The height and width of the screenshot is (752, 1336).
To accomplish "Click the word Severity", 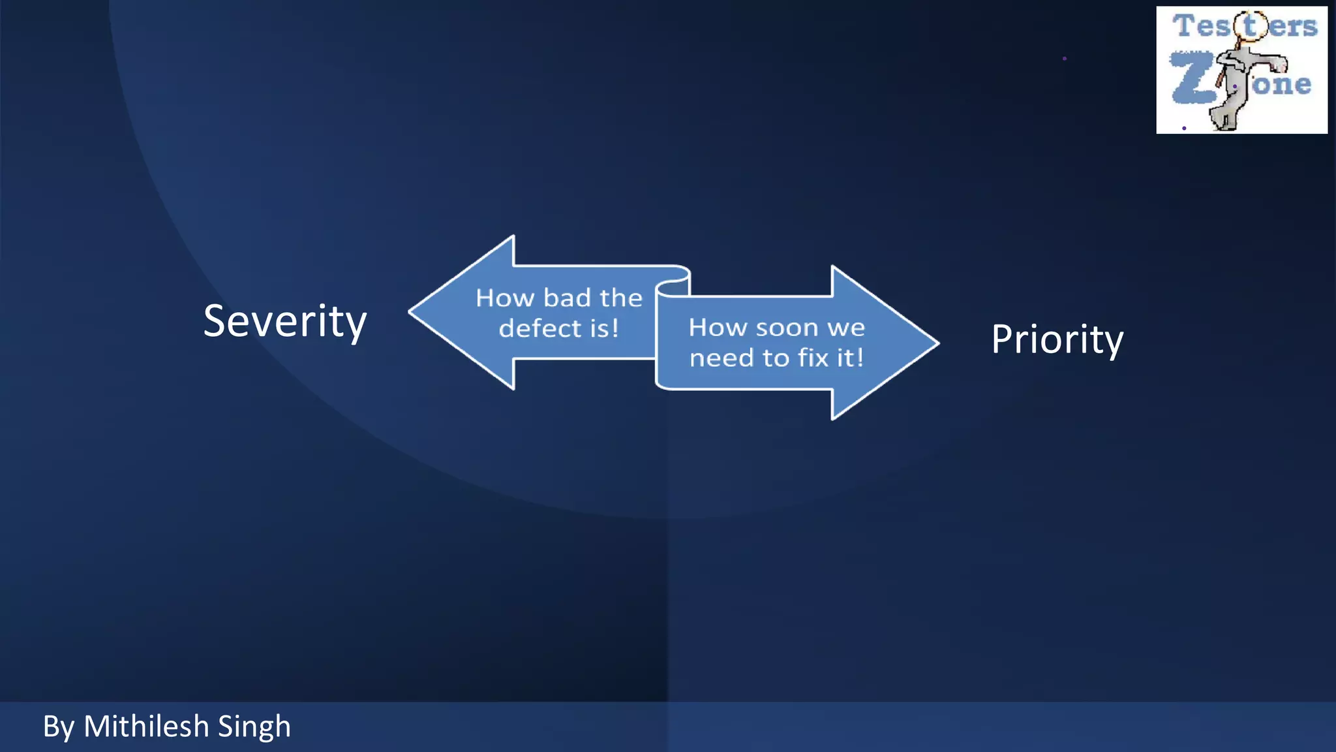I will coord(285,321).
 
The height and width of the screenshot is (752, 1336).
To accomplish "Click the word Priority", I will coord(1057,339).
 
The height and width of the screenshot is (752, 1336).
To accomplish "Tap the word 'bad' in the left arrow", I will coord(567,298).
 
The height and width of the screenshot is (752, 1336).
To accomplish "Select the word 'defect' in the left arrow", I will coord(540,328).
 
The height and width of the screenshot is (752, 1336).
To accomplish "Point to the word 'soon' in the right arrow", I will coord(787,328).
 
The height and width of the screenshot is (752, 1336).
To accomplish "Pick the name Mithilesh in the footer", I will coord(146,727).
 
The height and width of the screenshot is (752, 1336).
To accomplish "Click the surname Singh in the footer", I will coord(254,727).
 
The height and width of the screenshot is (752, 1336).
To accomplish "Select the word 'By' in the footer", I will coord(59,727).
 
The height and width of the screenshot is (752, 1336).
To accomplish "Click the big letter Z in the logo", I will coord(1192,78).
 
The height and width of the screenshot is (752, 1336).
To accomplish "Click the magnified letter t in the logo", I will coord(1249,26).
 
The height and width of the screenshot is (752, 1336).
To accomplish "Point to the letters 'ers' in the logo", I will coord(1293,27).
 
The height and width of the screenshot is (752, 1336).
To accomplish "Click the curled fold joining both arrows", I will coord(673,284).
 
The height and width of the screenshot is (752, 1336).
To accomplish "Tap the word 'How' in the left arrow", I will coord(505,298).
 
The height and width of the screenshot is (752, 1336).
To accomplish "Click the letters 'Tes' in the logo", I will coord(1201,26).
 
